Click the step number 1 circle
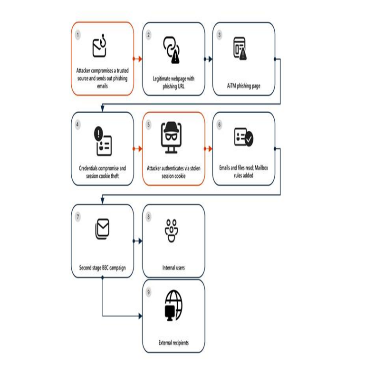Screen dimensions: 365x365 pos(78,35)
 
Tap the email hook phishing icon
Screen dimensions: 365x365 pos(99,46)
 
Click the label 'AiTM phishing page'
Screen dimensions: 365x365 pos(243,86)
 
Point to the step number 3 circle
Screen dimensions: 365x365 pos(219,35)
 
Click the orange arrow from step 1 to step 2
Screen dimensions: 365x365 pos(137,59)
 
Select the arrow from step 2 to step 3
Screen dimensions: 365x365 pos(208,59)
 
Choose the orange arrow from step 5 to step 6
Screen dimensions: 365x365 pos(208,149)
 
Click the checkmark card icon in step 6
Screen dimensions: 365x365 pos(244,137)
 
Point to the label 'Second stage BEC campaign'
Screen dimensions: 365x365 pos(102,268)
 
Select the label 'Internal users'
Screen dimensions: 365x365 pos(173,268)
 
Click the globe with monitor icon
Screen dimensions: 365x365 pos(173,305)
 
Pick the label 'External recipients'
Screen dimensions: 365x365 pos(173,342)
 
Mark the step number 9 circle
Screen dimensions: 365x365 pos(149,292)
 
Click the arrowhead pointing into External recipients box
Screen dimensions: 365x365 pos(140,316)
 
